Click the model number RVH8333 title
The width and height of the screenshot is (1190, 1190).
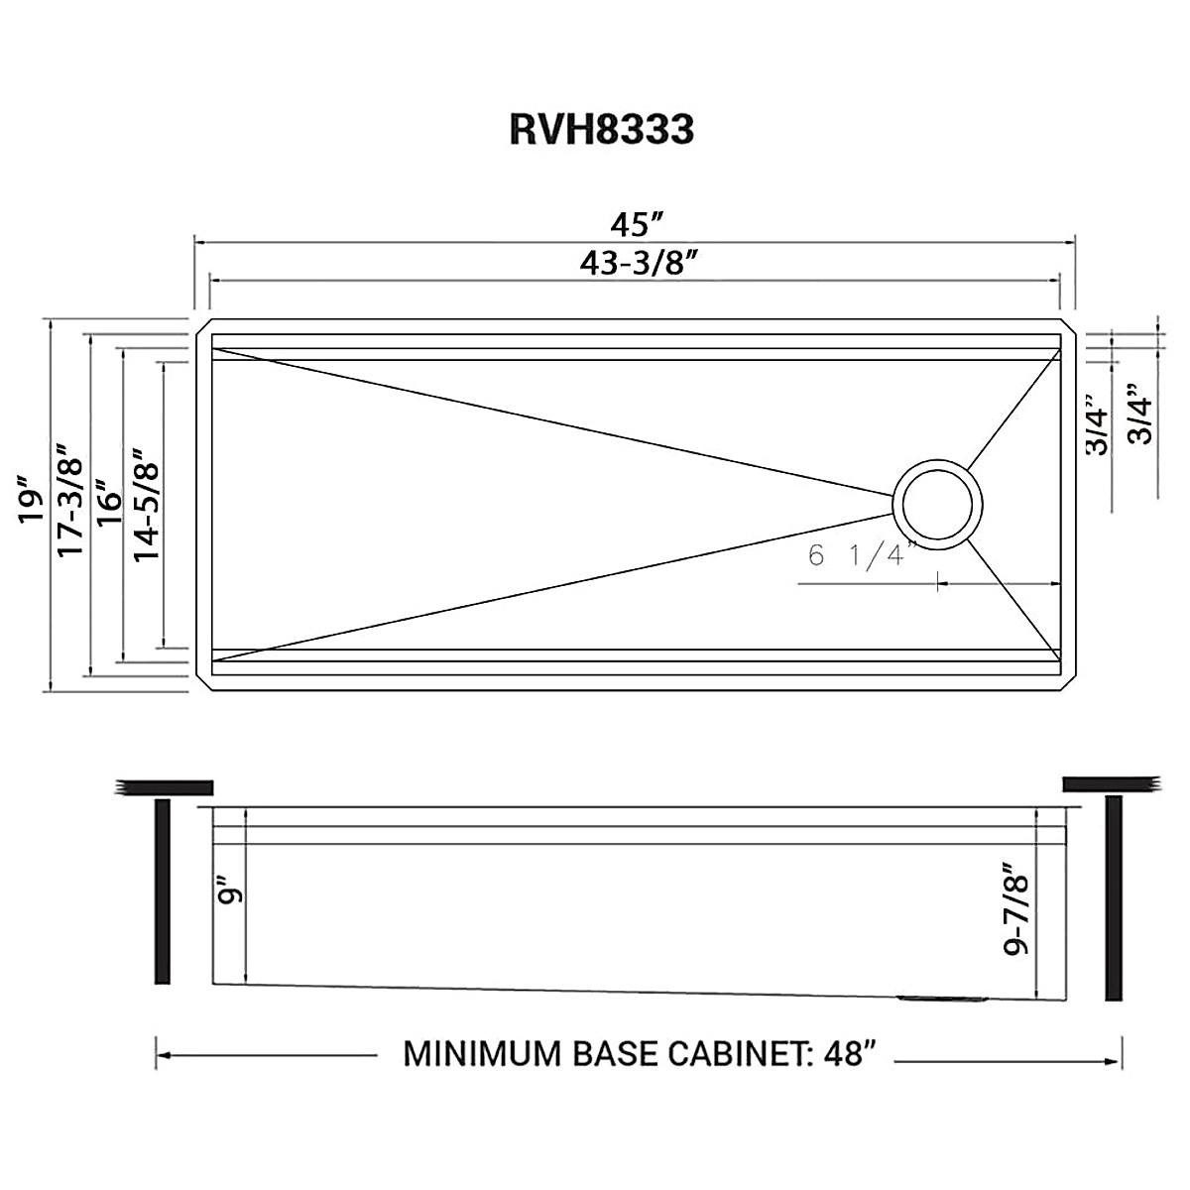click(601, 130)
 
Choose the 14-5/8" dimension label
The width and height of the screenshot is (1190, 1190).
click(147, 504)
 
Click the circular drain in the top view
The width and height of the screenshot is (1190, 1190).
click(938, 502)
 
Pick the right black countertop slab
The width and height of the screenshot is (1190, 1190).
click(1112, 783)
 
